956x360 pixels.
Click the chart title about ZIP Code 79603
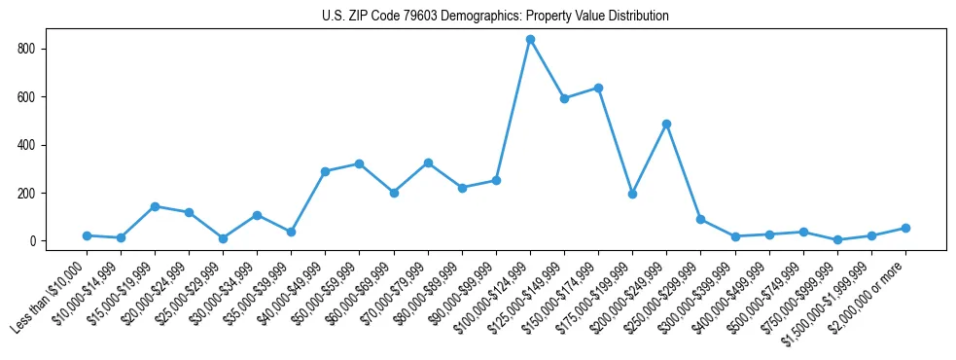(x=495, y=17)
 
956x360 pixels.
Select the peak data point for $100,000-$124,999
(x=530, y=39)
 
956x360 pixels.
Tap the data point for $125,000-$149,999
(x=564, y=98)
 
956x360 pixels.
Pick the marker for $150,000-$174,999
(x=598, y=88)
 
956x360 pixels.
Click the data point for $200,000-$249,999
(x=666, y=124)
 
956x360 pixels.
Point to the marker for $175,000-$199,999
(x=632, y=194)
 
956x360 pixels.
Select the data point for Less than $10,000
(x=87, y=235)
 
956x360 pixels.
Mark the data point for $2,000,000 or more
(x=905, y=228)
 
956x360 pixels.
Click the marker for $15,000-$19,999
(x=155, y=206)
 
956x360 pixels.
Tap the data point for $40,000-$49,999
(x=325, y=171)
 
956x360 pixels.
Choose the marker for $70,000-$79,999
(x=428, y=162)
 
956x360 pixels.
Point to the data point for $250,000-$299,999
(x=700, y=219)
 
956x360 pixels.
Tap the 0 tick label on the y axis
(x=56, y=241)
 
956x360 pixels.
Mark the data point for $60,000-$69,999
(x=394, y=193)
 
